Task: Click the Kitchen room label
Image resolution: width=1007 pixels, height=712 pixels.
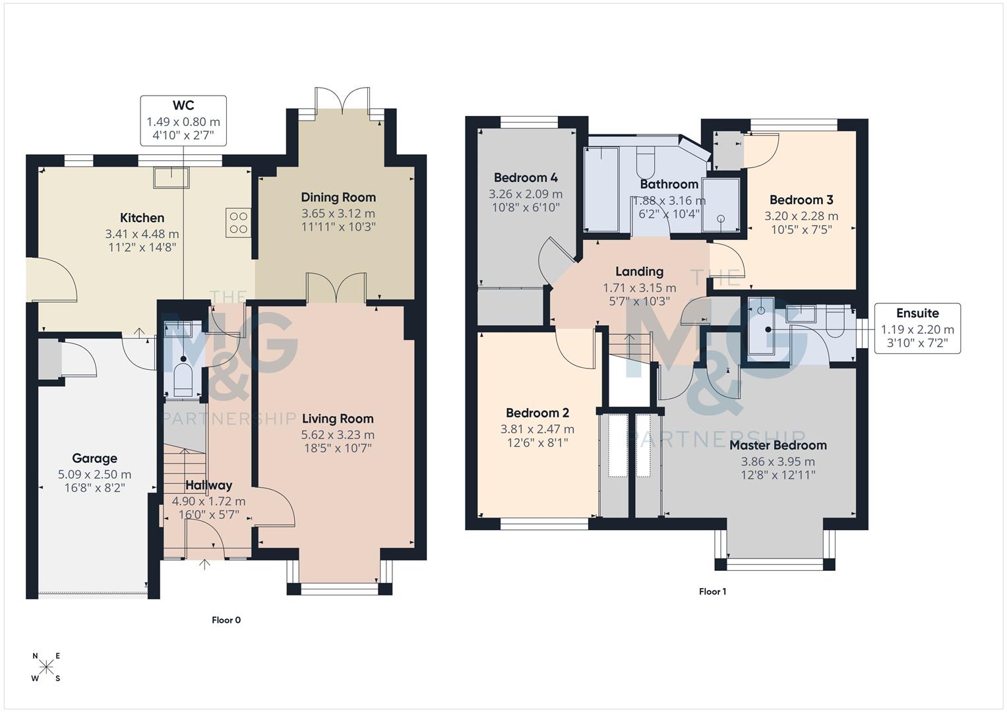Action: [x=142, y=218]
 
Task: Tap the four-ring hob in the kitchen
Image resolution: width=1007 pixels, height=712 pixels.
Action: [x=238, y=222]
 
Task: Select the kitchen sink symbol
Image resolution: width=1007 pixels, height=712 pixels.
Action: [x=171, y=177]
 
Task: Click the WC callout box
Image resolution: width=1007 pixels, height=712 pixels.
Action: [x=183, y=121]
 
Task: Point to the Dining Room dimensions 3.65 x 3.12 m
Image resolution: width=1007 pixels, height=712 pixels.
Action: [x=338, y=214]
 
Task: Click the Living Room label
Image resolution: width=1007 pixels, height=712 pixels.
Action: [x=338, y=419]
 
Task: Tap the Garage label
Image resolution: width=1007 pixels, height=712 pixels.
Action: [x=94, y=458]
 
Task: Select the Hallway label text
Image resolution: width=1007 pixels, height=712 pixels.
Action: [x=208, y=485]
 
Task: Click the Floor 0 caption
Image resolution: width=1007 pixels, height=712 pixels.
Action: [x=226, y=620]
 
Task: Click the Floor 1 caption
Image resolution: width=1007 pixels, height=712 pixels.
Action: [x=712, y=591]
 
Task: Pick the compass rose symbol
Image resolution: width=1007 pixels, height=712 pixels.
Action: [x=46, y=667]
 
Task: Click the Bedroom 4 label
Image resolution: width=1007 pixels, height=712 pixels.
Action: [x=526, y=177]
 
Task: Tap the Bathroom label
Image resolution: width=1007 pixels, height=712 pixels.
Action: [x=669, y=184]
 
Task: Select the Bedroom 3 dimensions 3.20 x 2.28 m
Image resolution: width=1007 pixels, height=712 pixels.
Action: [x=801, y=216]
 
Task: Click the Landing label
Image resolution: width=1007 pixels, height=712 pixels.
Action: [x=639, y=272]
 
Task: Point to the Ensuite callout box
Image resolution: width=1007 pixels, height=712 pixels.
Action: [x=917, y=328]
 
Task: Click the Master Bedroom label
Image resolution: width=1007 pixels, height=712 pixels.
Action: [x=778, y=445]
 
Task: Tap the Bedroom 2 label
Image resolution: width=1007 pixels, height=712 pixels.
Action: [x=537, y=413]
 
